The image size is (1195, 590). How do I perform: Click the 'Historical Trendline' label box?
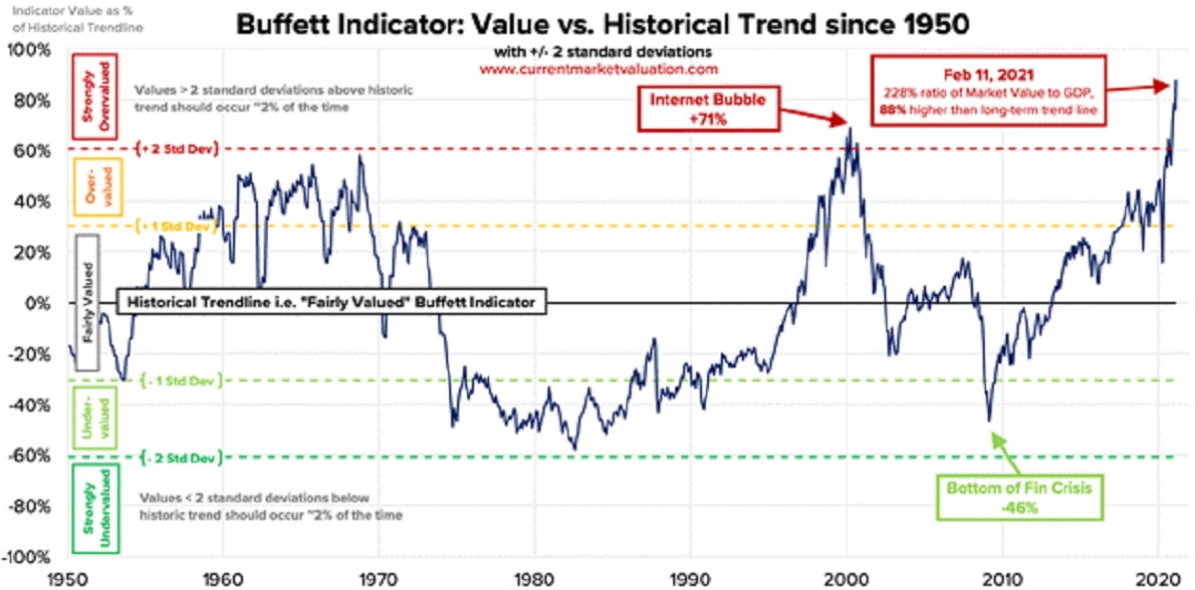[x=331, y=302]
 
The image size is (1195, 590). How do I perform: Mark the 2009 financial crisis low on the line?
[x=990, y=420]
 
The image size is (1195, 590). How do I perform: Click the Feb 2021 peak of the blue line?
[x=1176, y=81]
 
